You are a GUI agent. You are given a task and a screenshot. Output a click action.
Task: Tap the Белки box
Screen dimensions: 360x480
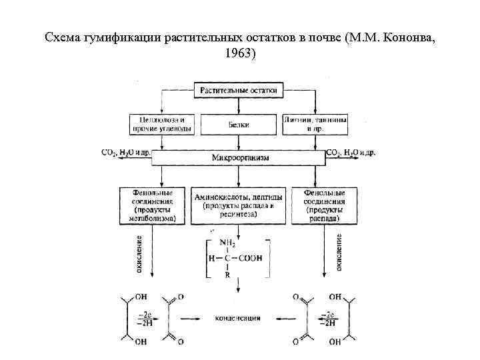pos(238,124)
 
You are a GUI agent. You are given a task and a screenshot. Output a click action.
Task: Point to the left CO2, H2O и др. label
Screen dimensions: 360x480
pos(126,153)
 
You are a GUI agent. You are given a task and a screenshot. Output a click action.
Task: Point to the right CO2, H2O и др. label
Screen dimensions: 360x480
pos(351,153)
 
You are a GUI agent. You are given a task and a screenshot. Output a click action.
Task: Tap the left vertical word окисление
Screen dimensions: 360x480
pos(139,253)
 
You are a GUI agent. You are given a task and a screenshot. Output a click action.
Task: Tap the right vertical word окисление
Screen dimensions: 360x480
pos(339,253)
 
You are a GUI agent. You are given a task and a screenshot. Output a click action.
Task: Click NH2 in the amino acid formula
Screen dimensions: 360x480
pos(228,244)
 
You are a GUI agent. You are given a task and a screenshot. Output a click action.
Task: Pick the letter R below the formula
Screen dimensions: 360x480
pos(227,273)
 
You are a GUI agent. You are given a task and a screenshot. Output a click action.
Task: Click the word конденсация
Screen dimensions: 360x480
pos(237,319)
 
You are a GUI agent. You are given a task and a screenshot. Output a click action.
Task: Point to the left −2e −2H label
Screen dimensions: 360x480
pos(144,318)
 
